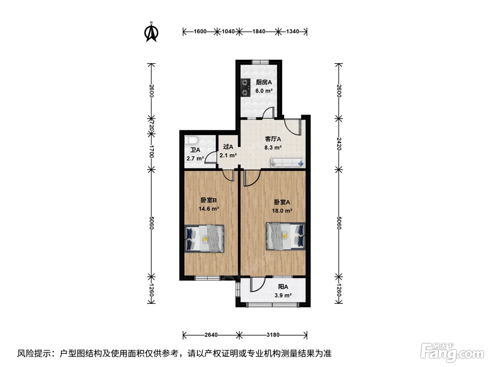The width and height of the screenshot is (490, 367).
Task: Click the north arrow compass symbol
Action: point(151,32)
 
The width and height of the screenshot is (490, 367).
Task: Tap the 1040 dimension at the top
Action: point(228,31)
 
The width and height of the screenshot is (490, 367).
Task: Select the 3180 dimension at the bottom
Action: point(273,335)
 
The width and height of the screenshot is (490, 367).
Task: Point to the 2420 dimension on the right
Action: point(339,144)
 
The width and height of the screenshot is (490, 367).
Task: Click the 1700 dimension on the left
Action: point(152,152)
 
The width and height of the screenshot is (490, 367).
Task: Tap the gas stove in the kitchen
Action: point(245,88)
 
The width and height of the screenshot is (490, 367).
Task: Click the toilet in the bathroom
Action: point(191,141)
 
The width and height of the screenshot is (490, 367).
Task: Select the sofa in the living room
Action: point(287,163)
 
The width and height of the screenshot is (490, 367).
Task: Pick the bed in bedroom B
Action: point(204,239)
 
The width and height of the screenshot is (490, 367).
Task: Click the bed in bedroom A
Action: point(286,236)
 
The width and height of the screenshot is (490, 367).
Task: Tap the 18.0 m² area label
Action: point(282,210)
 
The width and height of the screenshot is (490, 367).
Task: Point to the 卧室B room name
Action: point(209,200)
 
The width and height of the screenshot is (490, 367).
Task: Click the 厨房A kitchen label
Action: point(264,82)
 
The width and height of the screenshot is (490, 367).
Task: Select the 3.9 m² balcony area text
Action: point(283,295)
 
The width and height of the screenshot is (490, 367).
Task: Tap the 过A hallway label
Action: point(228,147)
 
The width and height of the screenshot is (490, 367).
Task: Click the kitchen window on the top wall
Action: point(260,62)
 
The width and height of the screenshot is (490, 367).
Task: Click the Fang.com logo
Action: point(452,352)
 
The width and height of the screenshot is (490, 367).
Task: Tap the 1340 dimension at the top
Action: point(293,31)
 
